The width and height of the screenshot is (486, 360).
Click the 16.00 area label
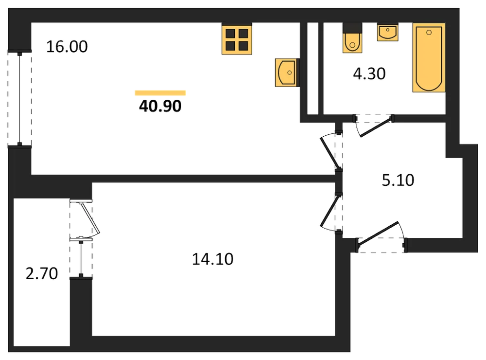(67, 47)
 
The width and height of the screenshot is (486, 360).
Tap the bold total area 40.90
(160, 106)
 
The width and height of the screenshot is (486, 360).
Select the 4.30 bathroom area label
(369, 73)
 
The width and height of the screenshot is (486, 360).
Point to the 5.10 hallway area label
(398, 180)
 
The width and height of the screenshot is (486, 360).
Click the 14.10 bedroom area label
(213, 259)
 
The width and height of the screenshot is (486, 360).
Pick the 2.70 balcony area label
(41, 273)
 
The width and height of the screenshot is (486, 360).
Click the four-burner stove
(237, 39)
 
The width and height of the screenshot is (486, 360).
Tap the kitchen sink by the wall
(287, 72)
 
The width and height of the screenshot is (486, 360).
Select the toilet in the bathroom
(352, 38)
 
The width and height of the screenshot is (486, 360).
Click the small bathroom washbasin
(388, 32)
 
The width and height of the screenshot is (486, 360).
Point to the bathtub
(429, 58)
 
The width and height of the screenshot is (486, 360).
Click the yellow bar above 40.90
(160, 93)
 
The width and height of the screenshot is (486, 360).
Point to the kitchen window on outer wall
(19, 99)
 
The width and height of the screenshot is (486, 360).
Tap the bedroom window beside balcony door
(81, 257)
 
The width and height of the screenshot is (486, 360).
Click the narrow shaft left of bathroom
(312, 69)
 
